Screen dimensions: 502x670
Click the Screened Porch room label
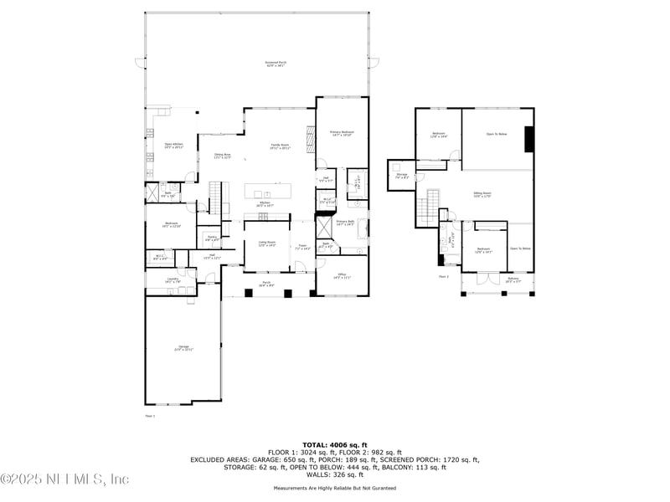click(x=258, y=64)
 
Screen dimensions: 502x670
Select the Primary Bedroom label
click(x=342, y=134)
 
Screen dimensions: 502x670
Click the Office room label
click(x=342, y=276)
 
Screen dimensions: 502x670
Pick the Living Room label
click(x=266, y=243)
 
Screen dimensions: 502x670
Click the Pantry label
click(x=213, y=239)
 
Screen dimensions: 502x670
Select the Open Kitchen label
click(x=173, y=146)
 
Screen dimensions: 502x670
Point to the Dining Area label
click(x=222, y=156)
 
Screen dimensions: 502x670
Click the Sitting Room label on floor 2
click(x=483, y=194)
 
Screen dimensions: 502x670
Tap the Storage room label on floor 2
click(x=402, y=176)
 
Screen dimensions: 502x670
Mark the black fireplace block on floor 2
click(x=529, y=139)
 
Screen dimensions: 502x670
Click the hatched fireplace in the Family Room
click(x=310, y=136)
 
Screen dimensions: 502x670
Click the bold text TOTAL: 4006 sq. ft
click(x=335, y=444)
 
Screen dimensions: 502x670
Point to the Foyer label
click(x=303, y=247)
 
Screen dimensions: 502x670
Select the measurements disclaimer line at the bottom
click(x=335, y=488)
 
